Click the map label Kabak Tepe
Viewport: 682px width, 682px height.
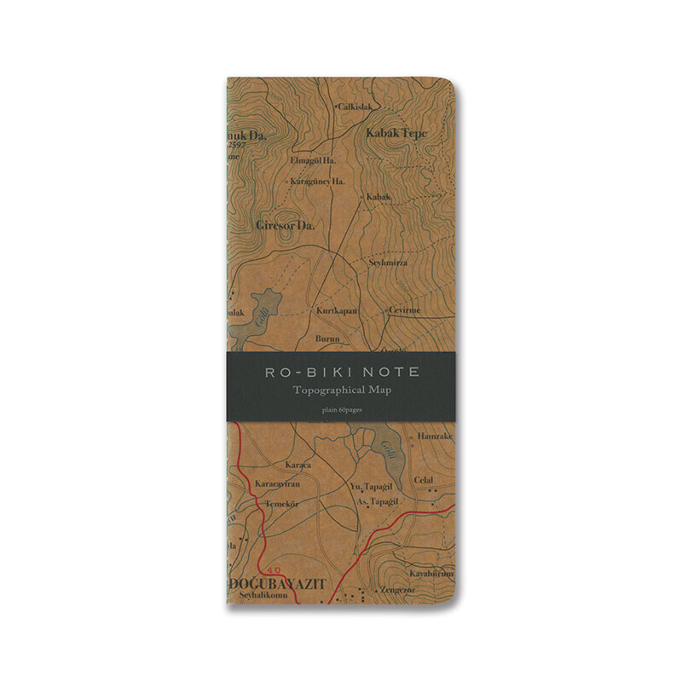click(x=396, y=133)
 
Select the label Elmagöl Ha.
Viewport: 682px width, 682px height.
click(x=315, y=159)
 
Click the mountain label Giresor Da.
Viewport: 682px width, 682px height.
click(x=285, y=226)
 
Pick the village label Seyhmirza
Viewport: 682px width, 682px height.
click(x=389, y=263)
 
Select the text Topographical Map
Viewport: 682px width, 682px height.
click(x=341, y=390)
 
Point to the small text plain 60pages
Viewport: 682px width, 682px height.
click(x=341, y=409)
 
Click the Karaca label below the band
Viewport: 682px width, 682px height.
click(x=298, y=465)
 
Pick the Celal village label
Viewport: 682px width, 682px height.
click(x=423, y=480)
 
